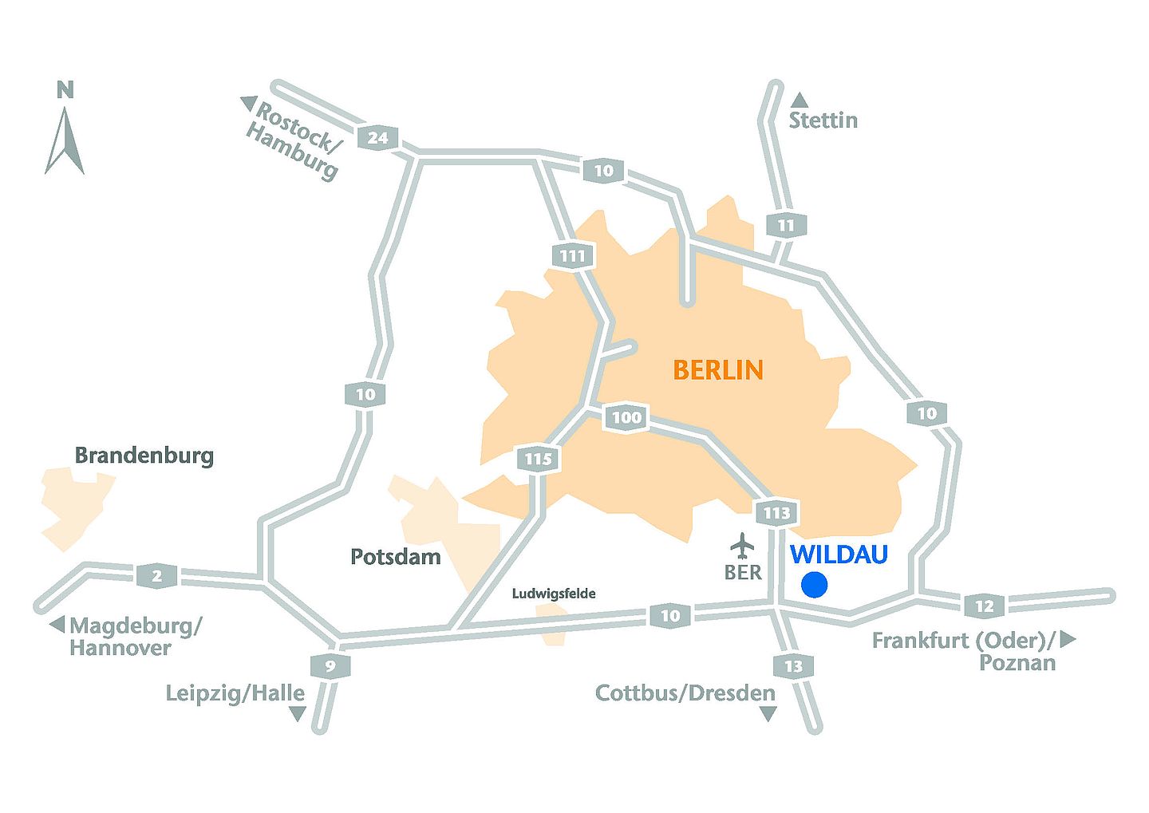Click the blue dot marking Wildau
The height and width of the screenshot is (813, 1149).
(x=814, y=585)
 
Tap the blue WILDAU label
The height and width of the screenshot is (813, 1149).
(x=839, y=554)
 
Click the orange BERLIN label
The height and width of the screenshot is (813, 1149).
(x=718, y=370)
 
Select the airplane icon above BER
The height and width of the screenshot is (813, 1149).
(x=743, y=546)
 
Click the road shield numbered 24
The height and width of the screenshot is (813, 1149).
(x=378, y=137)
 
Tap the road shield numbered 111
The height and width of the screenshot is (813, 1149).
(x=573, y=256)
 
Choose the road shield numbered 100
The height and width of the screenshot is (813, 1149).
(x=626, y=417)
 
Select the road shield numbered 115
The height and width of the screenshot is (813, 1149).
(x=539, y=459)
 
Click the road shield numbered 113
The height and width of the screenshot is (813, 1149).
(x=776, y=513)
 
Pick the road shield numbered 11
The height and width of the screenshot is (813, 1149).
(x=786, y=226)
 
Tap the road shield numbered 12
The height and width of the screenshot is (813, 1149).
(x=985, y=606)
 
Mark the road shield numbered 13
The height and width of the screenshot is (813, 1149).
(x=793, y=666)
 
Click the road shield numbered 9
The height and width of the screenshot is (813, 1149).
(x=330, y=666)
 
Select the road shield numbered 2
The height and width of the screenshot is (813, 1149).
(x=157, y=575)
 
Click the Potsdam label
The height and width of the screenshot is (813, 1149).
(x=396, y=556)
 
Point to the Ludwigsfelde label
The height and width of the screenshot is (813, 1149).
(x=554, y=594)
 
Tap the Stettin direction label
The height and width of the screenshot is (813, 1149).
(x=823, y=120)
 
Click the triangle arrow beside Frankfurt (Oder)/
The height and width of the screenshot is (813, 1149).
(x=1068, y=639)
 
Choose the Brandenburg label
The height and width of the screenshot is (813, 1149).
(x=144, y=456)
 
